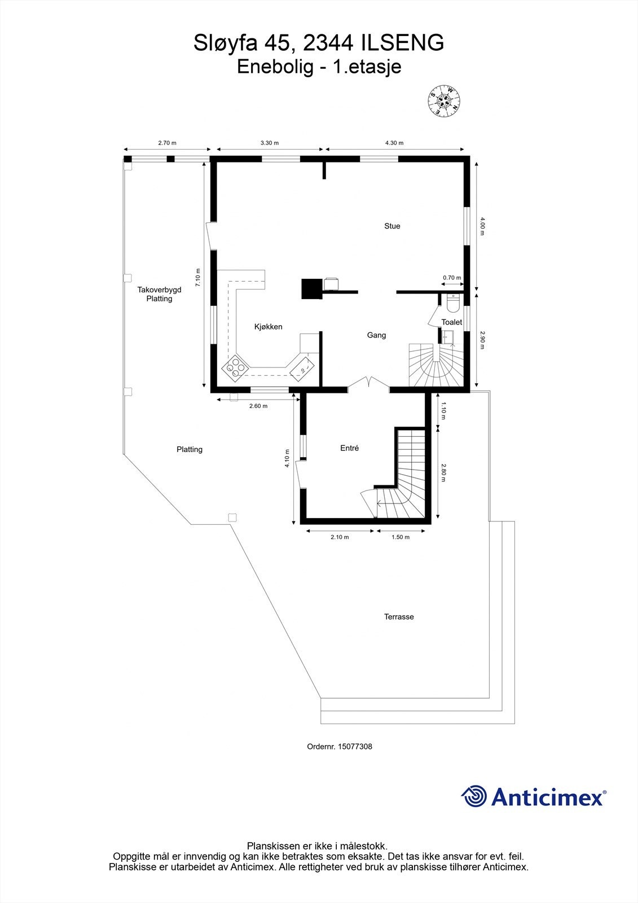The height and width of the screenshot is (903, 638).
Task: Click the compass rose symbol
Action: coord(444,101)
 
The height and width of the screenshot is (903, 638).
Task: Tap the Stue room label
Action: coord(392,226)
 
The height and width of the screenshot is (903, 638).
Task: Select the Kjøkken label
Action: coord(268,327)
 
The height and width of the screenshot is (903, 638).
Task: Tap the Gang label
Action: coord(376,335)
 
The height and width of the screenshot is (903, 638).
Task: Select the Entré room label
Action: coord(349,448)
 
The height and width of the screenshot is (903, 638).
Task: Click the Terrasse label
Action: coord(399,617)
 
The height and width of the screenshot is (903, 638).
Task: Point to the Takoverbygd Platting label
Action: coord(159,294)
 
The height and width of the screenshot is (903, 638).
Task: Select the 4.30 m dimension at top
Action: coord(394,143)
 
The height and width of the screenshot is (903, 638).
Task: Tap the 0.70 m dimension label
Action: coord(452,278)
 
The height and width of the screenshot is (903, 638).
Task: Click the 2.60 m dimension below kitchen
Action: coord(258,406)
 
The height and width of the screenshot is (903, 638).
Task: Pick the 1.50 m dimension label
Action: coord(401,537)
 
